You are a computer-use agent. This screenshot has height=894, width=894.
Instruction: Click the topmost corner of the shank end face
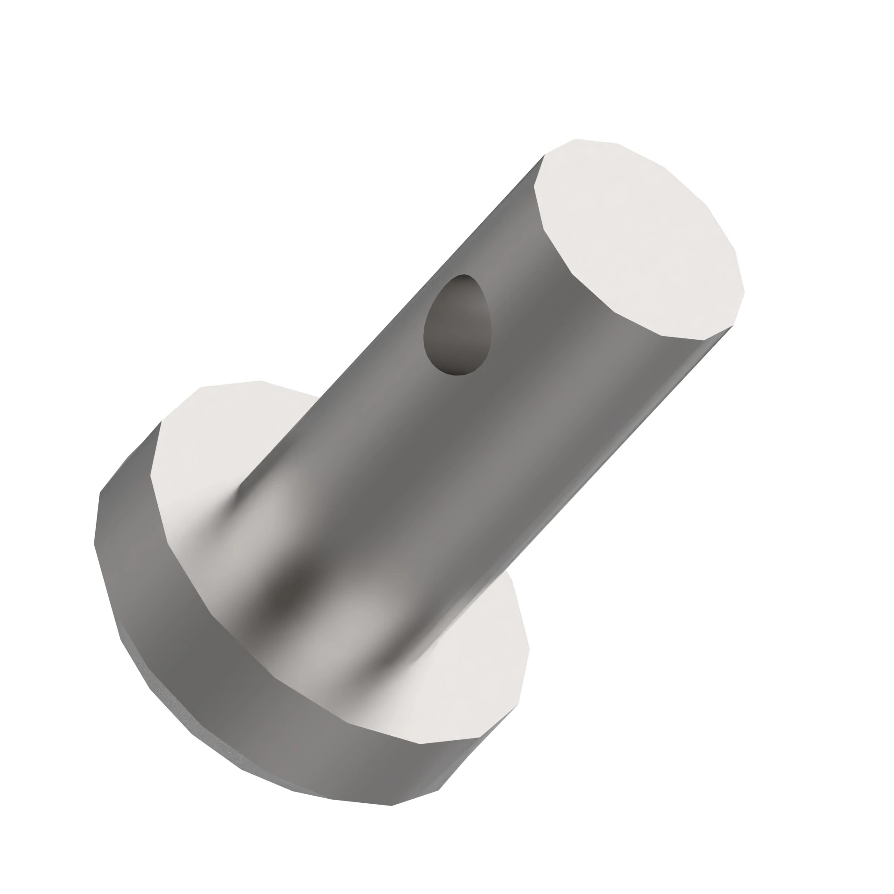tap(576, 139)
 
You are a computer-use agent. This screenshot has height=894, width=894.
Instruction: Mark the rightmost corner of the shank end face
tap(744, 291)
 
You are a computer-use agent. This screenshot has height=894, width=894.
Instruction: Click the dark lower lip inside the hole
tap(458, 368)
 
